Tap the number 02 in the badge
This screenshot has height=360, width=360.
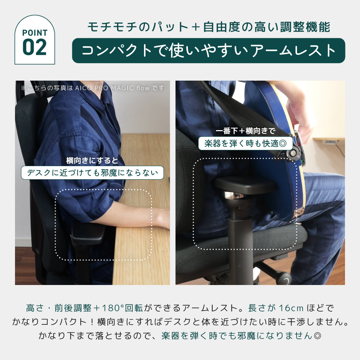[x=34, y=47]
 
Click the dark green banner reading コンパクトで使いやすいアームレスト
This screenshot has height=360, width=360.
[x=208, y=51]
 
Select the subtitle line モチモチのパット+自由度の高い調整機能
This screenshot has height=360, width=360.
[x=208, y=27]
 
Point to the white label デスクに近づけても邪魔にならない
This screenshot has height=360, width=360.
[x=92, y=173]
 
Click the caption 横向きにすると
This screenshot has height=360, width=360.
[x=92, y=161]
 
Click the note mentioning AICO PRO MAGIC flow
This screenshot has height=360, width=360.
[x=93, y=88]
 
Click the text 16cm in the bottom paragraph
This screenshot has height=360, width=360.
[x=291, y=308]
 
